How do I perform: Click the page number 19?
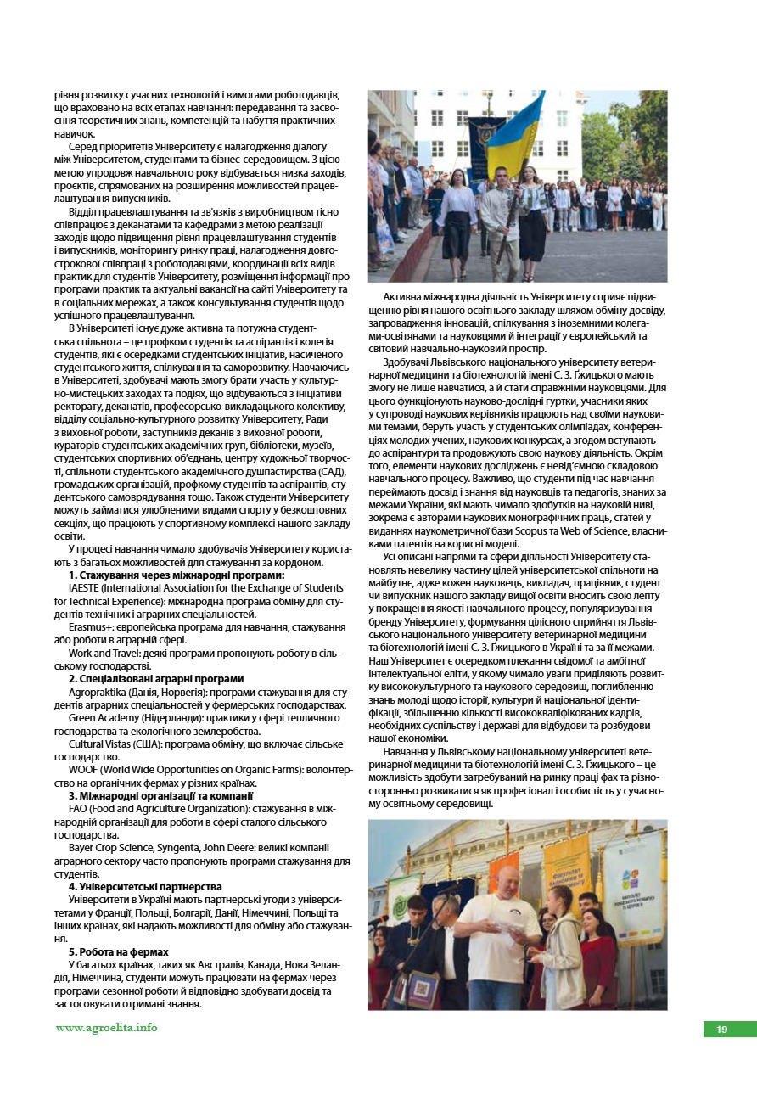721,1029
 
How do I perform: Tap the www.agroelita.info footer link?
107,1028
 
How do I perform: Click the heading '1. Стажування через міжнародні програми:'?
177,575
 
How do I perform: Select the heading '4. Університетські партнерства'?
145,886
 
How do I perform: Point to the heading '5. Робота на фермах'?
119,951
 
